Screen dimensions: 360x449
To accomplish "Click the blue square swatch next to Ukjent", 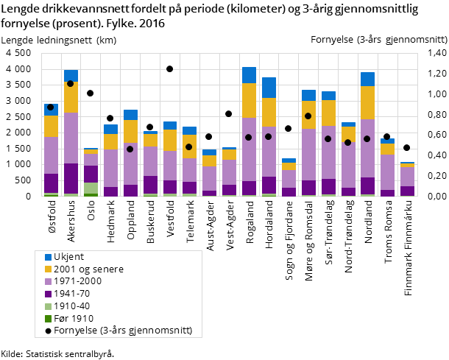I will pyautogui.click(x=49, y=257).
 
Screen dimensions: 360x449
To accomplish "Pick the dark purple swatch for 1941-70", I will pyautogui.click(x=49, y=294).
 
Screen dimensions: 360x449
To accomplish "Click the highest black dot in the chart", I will pyautogui.click(x=169, y=68).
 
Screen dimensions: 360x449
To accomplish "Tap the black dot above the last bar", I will pyautogui.click(x=406, y=147).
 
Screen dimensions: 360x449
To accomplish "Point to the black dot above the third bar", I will pyautogui.click(x=90, y=93).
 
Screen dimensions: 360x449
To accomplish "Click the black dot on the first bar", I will pyautogui.click(x=51, y=107).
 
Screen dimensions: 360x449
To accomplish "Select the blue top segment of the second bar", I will pyautogui.click(x=71, y=75).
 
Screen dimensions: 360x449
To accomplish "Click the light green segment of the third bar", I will pyautogui.click(x=90, y=188).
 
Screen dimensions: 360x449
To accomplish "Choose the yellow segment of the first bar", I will pyautogui.click(x=51, y=126).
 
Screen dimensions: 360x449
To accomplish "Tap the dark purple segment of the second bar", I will pyautogui.click(x=71, y=178).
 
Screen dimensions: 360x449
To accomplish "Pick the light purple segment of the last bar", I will pyautogui.click(x=406, y=177).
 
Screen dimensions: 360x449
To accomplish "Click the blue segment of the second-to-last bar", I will pyautogui.click(x=387, y=141).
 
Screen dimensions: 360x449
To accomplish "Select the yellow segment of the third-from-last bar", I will pyautogui.click(x=367, y=102).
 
